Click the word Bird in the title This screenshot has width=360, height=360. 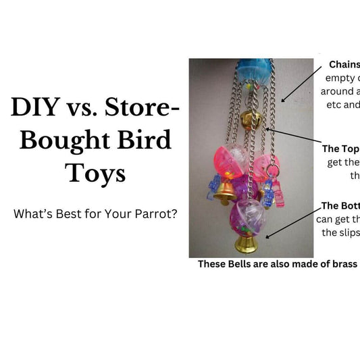pos(140,140)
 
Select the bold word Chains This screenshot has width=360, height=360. pos(344,65)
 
